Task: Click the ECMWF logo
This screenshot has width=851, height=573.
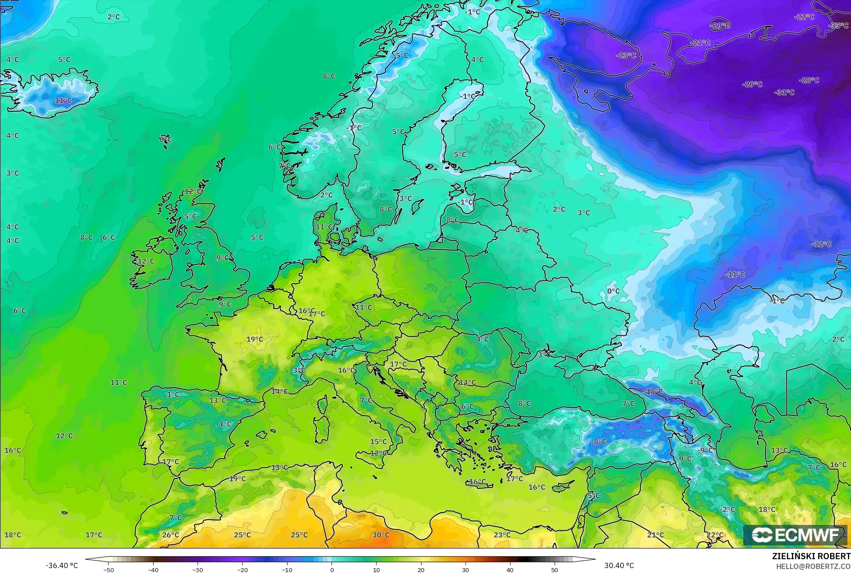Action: click(795, 535)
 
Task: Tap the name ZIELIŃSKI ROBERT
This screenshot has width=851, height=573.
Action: click(811, 557)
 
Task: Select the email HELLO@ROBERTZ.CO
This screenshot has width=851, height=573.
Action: click(814, 566)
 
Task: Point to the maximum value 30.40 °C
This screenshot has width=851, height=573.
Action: click(619, 565)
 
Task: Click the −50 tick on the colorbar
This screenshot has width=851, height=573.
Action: click(109, 569)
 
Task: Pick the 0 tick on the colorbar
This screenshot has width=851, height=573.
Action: click(332, 569)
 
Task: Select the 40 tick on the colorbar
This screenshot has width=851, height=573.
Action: click(510, 569)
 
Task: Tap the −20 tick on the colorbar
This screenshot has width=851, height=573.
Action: click(242, 569)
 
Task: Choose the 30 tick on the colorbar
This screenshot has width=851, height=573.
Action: click(466, 569)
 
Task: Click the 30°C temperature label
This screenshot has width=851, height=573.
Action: click(381, 535)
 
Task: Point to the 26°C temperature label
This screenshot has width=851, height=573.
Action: click(170, 535)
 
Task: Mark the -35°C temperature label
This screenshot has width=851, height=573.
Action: click(838, 26)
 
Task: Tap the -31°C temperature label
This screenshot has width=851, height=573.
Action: click(784, 92)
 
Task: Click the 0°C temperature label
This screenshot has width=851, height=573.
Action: click(613, 291)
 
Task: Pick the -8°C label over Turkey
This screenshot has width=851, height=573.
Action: click(599, 441)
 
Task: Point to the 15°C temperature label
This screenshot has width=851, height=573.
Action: click(378, 442)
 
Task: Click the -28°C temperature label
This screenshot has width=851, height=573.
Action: click(809, 80)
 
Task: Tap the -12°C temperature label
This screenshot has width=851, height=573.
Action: click(821, 244)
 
